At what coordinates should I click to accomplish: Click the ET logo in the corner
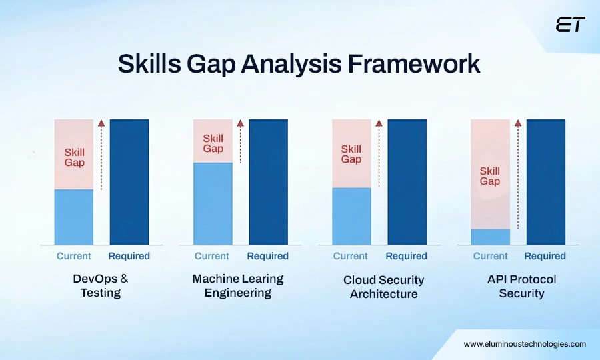570,25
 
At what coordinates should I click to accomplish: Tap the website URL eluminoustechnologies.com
525,344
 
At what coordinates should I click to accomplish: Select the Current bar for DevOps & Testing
73,217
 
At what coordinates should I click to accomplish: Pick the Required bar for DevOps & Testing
129,181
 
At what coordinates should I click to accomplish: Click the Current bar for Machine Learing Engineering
213,203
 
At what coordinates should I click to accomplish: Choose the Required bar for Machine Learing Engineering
268,181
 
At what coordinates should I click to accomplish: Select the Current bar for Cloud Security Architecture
351,216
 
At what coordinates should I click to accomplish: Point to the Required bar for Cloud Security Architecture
407,181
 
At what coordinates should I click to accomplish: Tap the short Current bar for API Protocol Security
490,237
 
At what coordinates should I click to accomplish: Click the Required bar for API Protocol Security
545,181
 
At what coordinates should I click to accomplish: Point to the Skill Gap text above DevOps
74,157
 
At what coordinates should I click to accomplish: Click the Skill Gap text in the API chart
490,176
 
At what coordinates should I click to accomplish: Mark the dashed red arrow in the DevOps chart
101,155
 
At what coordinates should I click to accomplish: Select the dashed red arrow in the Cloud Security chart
379,155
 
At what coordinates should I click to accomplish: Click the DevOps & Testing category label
101,285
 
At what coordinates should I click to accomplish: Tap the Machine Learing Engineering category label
238,285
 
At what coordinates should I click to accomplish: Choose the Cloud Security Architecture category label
384,287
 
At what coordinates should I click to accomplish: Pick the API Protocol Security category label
521,286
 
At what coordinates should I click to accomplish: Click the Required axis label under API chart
545,256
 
